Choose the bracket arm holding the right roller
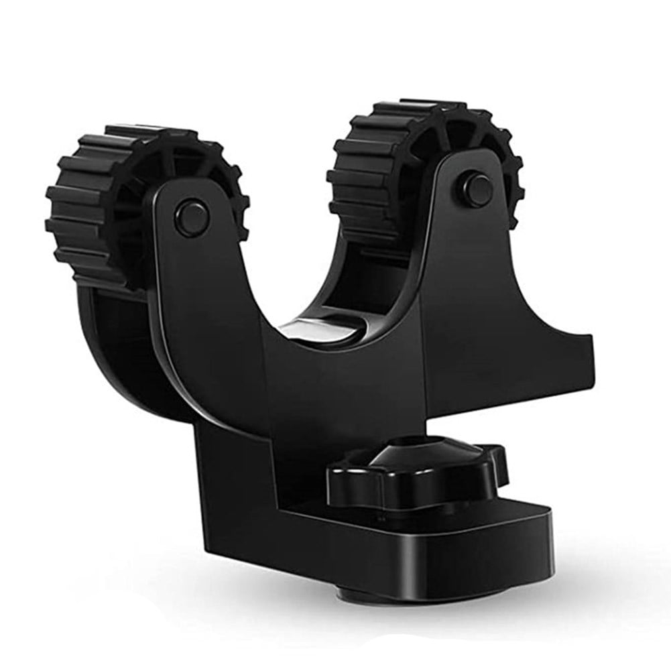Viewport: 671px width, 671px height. tap(469, 268)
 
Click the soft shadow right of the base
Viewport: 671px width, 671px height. tap(603, 570)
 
